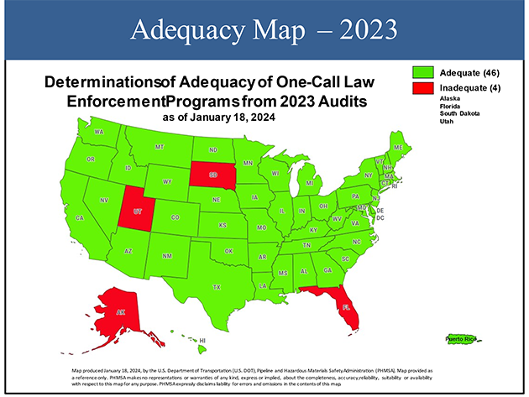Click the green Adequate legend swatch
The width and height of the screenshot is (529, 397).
pyautogui.click(x=424, y=72)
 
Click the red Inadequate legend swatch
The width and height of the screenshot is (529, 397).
pyautogui.click(x=424, y=88)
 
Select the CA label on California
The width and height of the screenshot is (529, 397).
pyautogui.click(x=81, y=217)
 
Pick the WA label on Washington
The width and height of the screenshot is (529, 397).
pyautogui.click(x=98, y=133)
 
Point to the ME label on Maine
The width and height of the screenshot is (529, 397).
pyautogui.click(x=397, y=147)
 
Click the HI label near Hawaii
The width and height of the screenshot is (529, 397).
pyautogui.click(x=202, y=341)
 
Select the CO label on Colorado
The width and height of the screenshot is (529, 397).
pyautogui.click(x=175, y=217)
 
